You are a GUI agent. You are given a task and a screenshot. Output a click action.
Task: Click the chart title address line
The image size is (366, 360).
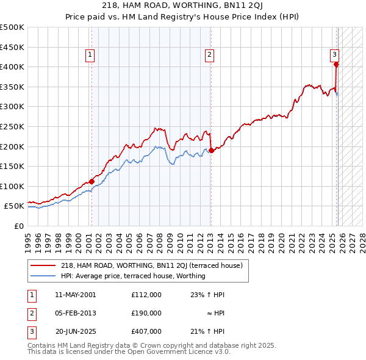coord(183,6)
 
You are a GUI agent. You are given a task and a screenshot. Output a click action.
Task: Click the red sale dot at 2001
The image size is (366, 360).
coord(91,181)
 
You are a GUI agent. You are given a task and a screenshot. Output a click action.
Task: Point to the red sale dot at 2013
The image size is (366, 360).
coord(211,150)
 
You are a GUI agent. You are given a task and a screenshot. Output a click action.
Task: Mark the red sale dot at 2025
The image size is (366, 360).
coord(336,64)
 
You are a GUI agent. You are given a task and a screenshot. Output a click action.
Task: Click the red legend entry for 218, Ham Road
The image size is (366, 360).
coord(152,265)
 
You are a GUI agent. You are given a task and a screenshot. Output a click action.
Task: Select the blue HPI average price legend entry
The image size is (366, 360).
coord(133,276)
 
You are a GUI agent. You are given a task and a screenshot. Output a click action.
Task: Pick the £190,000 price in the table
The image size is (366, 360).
coord(146,313)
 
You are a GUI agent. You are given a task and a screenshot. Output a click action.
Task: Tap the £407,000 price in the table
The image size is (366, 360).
coord(146,331)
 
